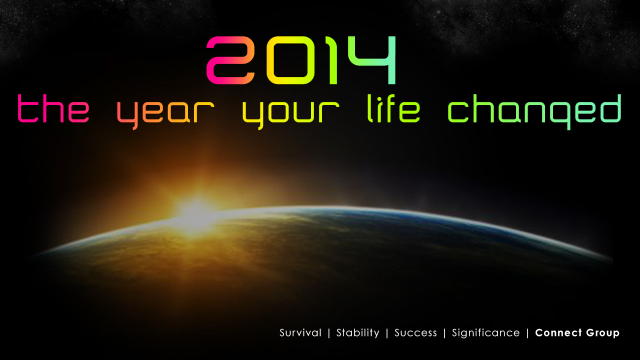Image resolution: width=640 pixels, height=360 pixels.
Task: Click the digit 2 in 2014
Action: tap(230, 60)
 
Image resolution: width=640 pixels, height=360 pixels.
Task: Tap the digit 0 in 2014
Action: tap(290, 60)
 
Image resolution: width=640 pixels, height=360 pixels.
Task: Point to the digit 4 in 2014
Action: tap(371, 60)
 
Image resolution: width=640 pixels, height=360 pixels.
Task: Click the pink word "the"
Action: tap(53, 108)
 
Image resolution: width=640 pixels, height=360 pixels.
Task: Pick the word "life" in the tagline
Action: tap(393, 108)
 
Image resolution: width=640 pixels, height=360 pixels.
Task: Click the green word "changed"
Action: tap(534, 112)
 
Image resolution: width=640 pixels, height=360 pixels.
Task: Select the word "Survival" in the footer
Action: tap(300, 333)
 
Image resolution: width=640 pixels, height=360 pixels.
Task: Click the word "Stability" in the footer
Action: tap(358, 333)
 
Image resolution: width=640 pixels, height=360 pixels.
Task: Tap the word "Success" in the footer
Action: tap(415, 333)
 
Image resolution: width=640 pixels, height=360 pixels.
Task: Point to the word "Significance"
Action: tap(485, 333)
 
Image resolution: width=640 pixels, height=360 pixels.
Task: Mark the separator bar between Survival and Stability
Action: tap(329, 333)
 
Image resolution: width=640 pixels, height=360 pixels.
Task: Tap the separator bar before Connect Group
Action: tap(527, 333)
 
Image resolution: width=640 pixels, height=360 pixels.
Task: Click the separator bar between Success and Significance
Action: tap(444, 333)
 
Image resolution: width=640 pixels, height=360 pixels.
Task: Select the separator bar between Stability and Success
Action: tap(387, 333)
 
